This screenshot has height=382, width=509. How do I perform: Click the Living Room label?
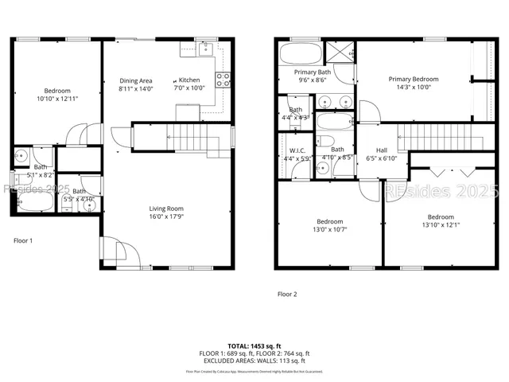point(166,209)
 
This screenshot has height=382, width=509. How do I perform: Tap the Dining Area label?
point(136,80)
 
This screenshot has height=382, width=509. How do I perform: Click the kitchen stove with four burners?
point(223,79)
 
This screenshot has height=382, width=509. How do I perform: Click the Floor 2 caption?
point(286,294)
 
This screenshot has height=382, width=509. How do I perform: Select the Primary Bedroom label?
point(413,80)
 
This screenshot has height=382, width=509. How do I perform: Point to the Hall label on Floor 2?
point(382,150)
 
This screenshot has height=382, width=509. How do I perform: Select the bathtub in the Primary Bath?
point(301,53)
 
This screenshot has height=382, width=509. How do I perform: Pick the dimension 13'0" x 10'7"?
point(330,229)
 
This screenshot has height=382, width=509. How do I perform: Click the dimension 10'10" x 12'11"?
point(57,99)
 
